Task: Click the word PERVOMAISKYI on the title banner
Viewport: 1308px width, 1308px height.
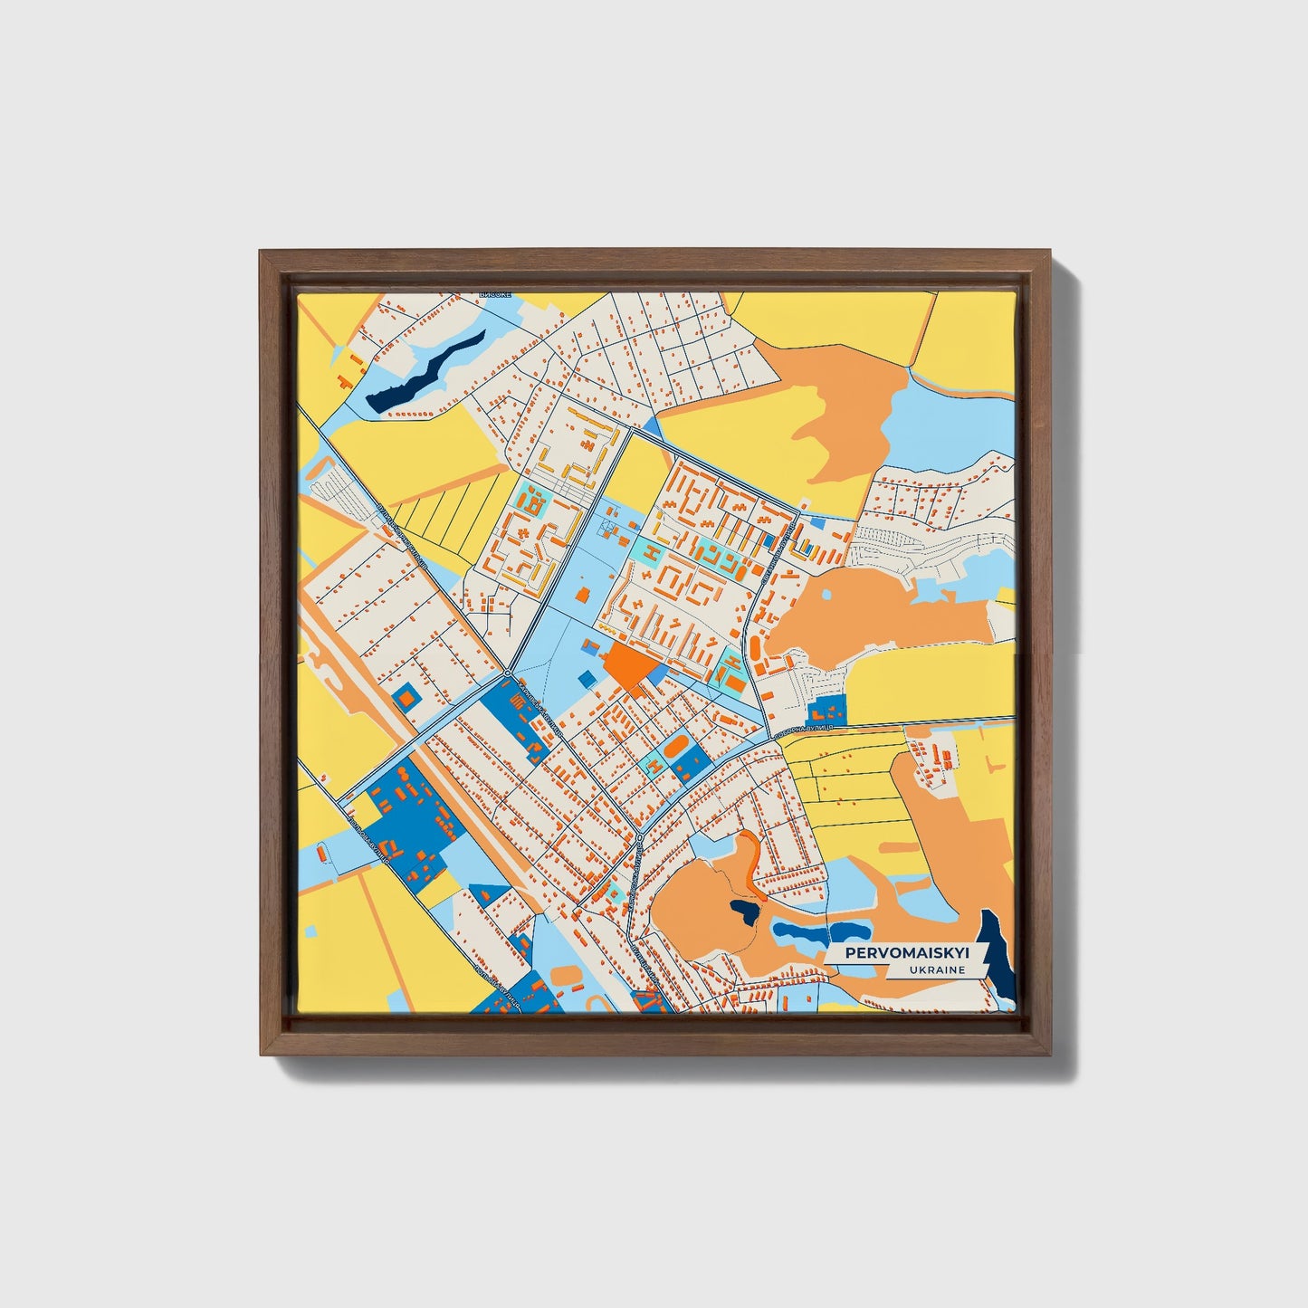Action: point(906,953)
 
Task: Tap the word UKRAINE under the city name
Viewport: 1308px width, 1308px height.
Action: point(940,969)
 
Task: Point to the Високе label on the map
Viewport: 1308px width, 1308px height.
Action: point(497,295)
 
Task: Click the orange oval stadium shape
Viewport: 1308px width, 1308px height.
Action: point(674,749)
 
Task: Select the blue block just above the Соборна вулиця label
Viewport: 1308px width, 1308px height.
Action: point(825,711)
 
